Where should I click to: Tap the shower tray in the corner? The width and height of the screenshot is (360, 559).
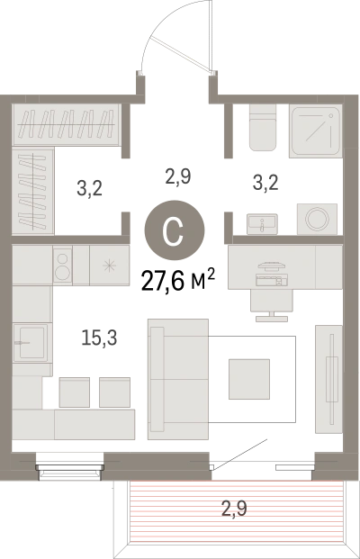coord(315,131)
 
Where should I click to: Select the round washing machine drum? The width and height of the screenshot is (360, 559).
coord(317,219)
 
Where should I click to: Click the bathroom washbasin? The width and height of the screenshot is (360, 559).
coord(262,224)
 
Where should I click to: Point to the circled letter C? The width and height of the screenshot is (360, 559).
coord(175,230)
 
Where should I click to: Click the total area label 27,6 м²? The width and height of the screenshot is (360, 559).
coord(178,280)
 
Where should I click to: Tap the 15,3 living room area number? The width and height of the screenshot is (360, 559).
coord(99,338)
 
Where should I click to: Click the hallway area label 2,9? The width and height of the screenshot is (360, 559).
coord(178,176)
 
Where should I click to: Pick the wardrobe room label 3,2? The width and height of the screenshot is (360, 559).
coord(89,188)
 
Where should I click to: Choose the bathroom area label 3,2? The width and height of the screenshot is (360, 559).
coord(265,183)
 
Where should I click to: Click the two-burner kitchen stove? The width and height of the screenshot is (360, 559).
coord(62,266)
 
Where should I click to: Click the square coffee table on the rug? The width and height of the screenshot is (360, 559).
coord(249,379)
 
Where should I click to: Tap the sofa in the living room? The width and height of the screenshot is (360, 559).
coord(178,379)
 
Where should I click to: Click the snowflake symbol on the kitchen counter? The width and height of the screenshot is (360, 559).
coord(109,266)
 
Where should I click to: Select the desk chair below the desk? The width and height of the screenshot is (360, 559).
coord(272,304)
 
